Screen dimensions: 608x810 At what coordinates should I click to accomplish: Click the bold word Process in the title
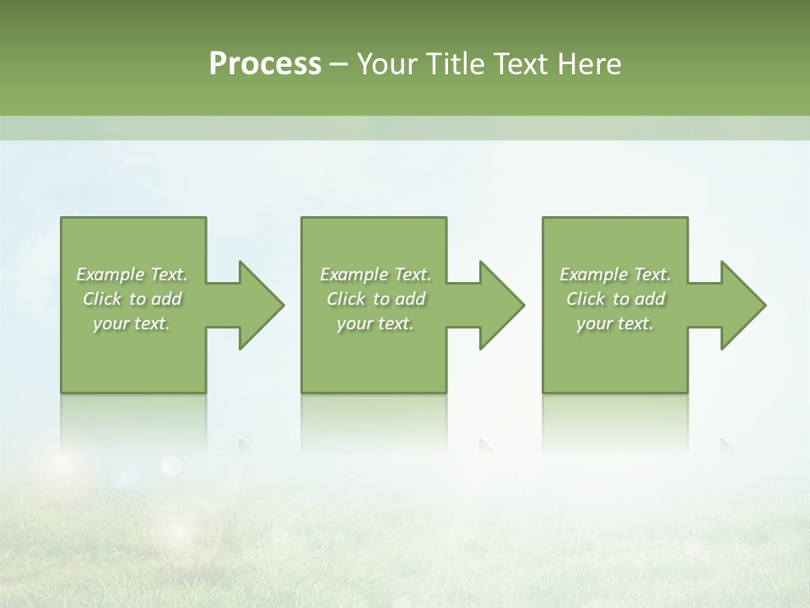(265, 64)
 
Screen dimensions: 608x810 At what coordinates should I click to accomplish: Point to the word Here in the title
(589, 64)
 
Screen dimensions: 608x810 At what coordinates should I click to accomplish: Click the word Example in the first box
(110, 274)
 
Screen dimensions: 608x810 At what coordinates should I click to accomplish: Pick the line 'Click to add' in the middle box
(375, 299)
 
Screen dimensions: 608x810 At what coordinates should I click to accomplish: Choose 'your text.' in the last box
(615, 323)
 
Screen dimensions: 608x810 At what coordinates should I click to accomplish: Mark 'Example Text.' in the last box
(615, 274)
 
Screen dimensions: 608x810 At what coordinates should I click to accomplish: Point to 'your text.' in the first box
(132, 323)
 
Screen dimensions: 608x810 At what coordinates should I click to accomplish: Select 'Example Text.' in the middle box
(375, 274)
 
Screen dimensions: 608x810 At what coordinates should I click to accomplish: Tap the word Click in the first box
(102, 299)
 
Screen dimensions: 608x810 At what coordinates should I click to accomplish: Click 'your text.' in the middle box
(375, 323)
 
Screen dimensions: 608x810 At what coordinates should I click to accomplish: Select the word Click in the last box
(586, 299)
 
